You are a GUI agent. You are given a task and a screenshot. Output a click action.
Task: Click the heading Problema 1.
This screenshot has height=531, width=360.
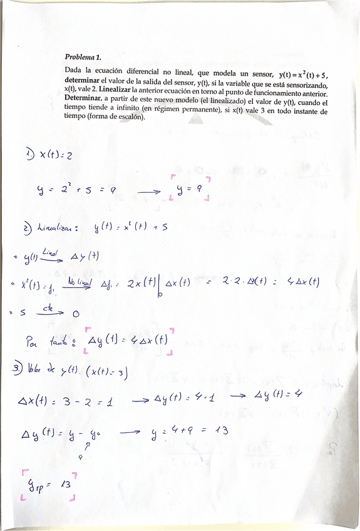tap(86, 56)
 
